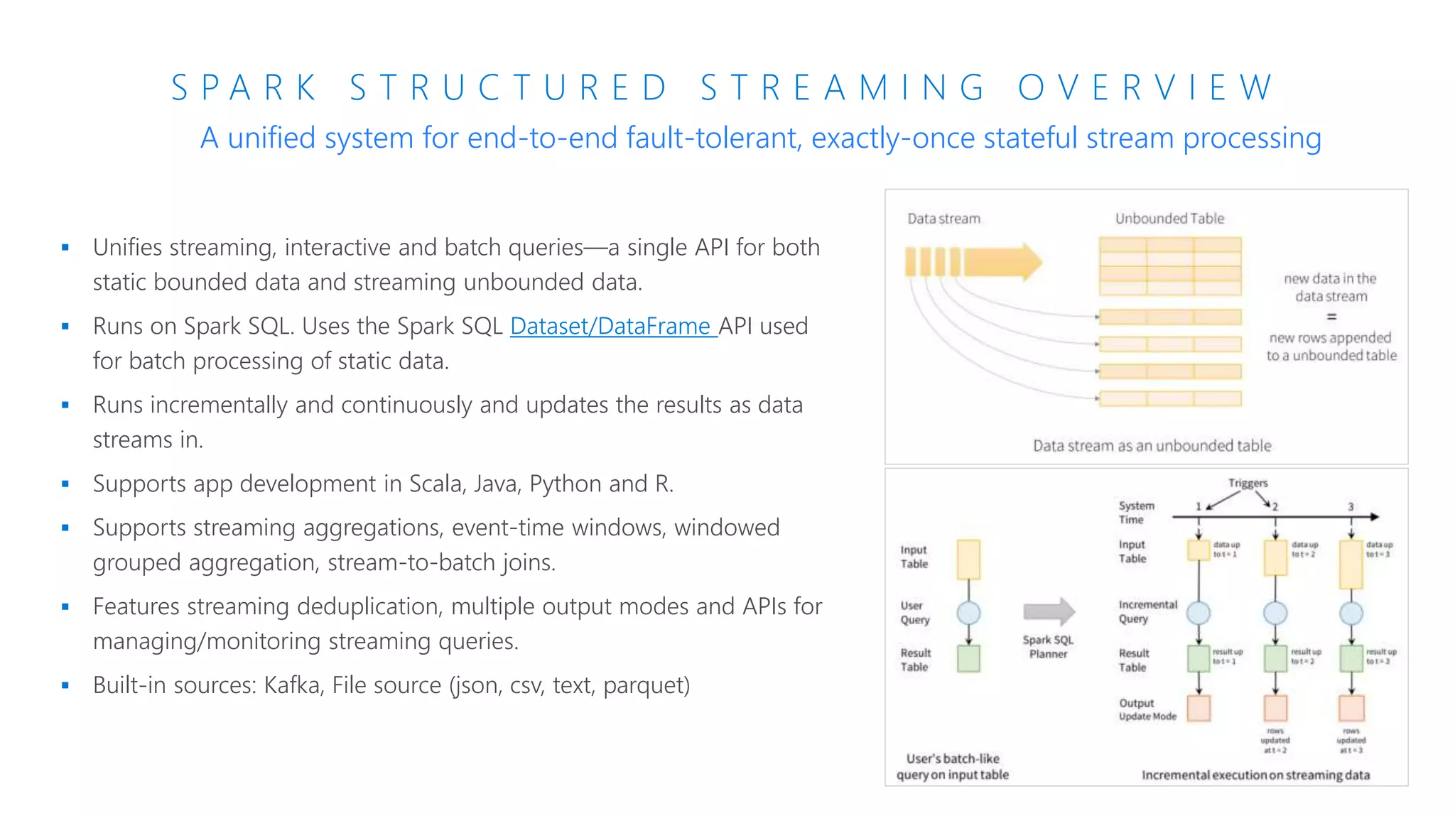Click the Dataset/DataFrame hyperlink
(x=613, y=326)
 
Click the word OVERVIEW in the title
(x=1146, y=88)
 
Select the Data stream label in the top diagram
(x=943, y=219)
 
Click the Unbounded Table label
(x=1169, y=219)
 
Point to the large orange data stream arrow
(x=995, y=262)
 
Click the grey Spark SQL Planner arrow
(x=1049, y=611)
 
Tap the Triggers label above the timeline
(x=1248, y=483)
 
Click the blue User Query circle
(x=968, y=613)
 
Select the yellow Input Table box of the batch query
(x=968, y=560)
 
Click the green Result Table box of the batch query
(x=968, y=658)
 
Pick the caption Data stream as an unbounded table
(x=1152, y=446)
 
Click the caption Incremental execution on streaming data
(x=1255, y=775)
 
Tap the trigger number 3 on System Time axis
(x=1351, y=507)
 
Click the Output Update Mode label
(x=1147, y=709)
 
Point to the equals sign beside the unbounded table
(x=1331, y=317)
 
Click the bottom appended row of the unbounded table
(x=1170, y=398)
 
